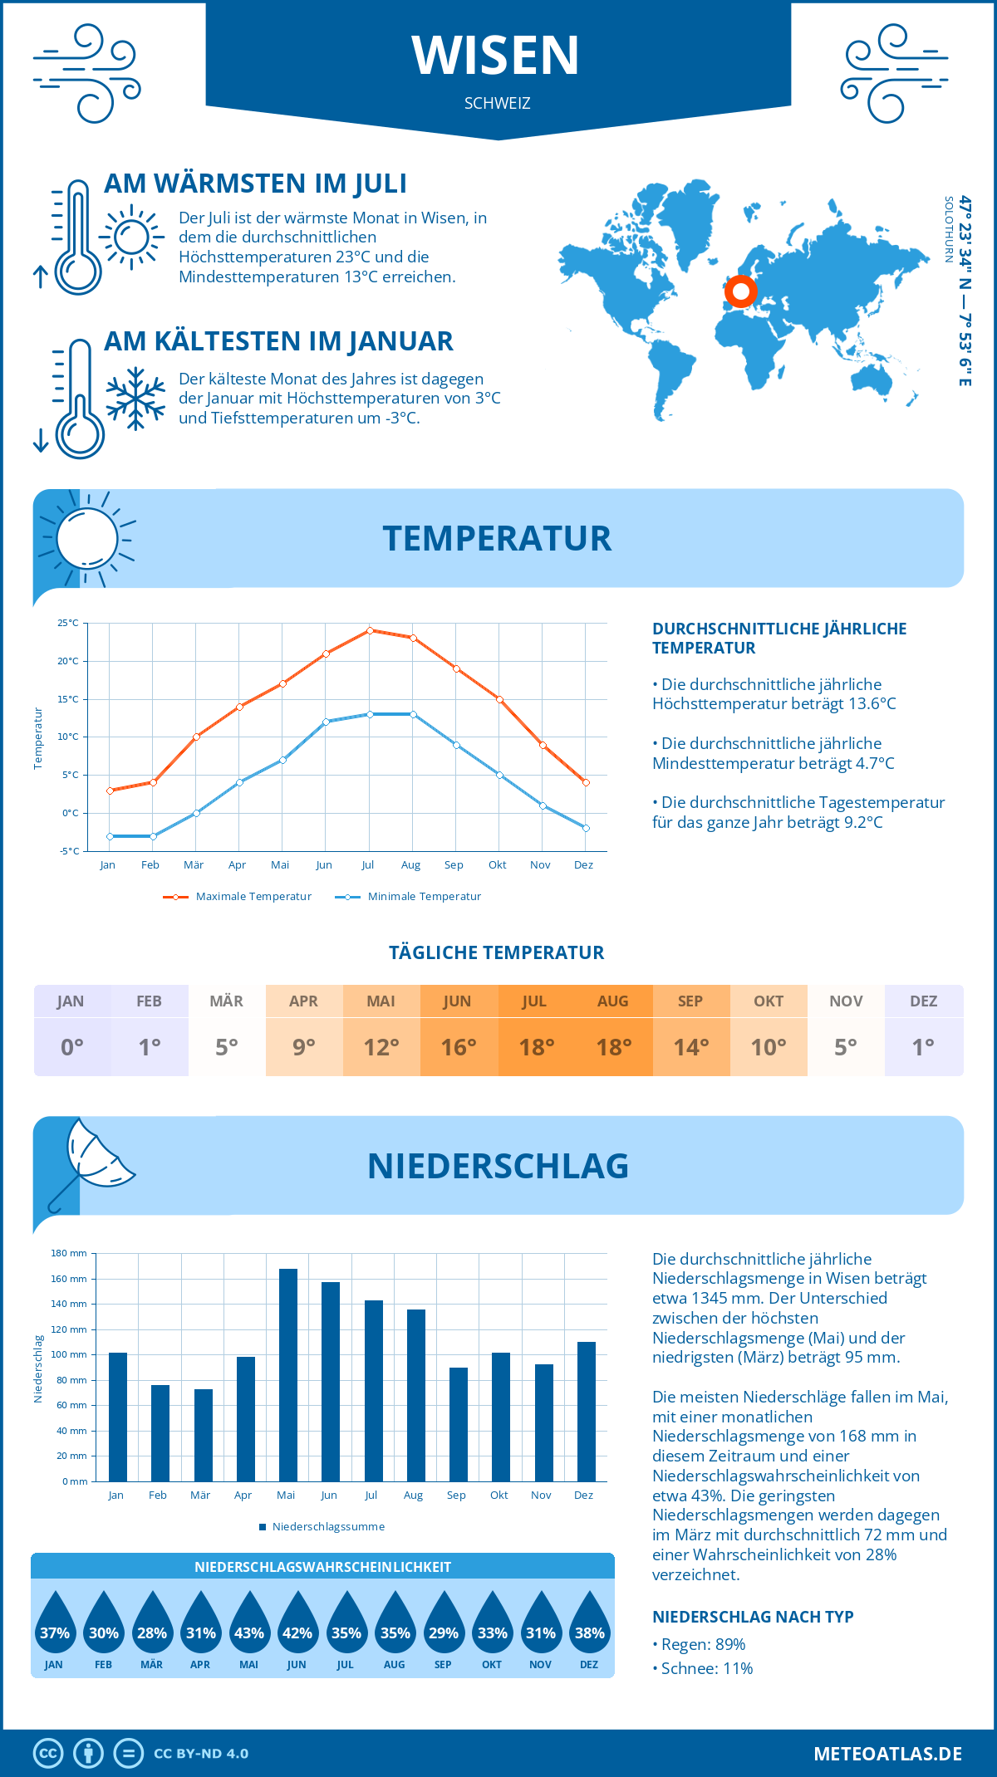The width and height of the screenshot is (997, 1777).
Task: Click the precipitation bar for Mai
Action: tap(287, 1374)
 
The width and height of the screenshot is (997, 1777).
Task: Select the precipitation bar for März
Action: tap(203, 1435)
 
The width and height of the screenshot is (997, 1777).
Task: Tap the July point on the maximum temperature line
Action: tap(370, 630)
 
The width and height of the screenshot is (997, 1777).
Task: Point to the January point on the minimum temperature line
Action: tap(110, 836)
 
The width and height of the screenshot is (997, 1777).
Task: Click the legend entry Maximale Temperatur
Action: tap(238, 897)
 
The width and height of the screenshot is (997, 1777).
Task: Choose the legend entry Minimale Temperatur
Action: tap(408, 897)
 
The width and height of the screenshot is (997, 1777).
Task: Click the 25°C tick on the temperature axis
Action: tap(68, 623)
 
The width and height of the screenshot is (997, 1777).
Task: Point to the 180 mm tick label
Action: tap(69, 1253)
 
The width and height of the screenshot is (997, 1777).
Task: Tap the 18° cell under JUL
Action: tap(536, 1047)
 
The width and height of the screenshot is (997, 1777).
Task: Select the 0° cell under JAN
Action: tap(72, 1047)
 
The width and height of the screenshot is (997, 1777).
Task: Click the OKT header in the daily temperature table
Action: tap(769, 1001)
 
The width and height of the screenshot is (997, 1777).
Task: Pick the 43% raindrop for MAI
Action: tap(249, 1623)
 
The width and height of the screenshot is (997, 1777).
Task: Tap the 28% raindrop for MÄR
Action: tap(152, 1623)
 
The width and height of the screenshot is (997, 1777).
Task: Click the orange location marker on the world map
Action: tap(740, 291)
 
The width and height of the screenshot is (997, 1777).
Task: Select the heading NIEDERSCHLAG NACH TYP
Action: tap(753, 1617)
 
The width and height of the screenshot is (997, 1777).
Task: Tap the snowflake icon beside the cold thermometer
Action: tap(135, 399)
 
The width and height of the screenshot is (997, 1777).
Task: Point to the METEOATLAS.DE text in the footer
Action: tap(887, 1754)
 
